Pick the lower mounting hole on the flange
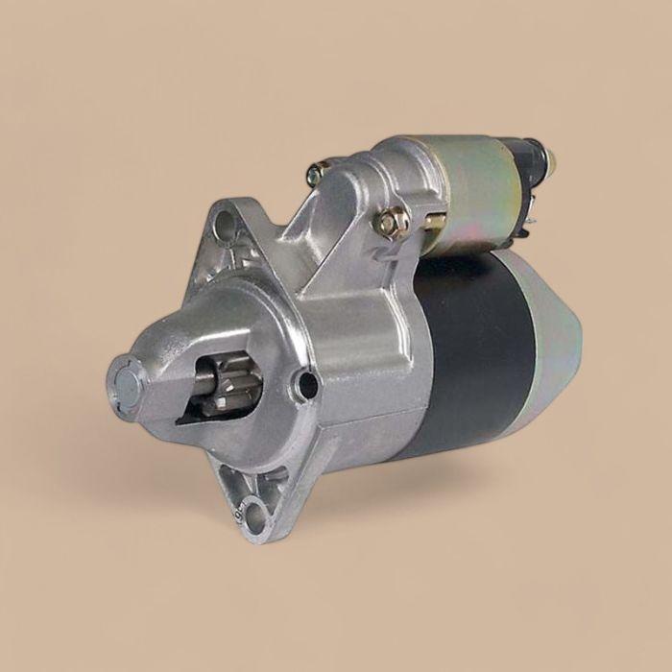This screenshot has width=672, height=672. pyautogui.click(x=256, y=516)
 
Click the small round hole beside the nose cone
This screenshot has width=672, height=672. pyautogui.click(x=307, y=386)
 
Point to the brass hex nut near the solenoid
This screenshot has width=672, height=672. pyautogui.click(x=392, y=222)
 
